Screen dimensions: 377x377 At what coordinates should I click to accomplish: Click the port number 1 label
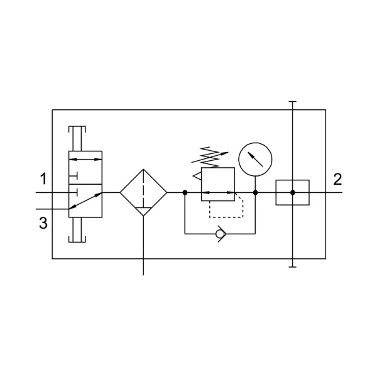pyautogui.click(x=43, y=178)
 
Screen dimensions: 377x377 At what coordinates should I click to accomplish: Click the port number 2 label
pyautogui.click(x=337, y=179)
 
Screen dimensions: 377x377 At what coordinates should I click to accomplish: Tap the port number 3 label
pyautogui.click(x=43, y=223)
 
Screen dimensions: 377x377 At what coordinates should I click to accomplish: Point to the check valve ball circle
pyautogui.click(x=219, y=234)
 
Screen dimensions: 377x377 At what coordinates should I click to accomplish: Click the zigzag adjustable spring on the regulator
pyautogui.click(x=210, y=158)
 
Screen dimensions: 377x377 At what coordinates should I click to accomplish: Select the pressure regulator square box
pyautogui.click(x=202, y=184)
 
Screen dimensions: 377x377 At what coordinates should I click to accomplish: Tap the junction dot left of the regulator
pyautogui.click(x=185, y=193)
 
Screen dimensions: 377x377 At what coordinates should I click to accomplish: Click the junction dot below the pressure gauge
pyautogui.click(x=255, y=193)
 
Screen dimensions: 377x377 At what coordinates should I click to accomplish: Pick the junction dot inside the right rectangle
pyautogui.click(x=293, y=193)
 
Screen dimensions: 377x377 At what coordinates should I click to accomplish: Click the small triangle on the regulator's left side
pyautogui.click(x=198, y=176)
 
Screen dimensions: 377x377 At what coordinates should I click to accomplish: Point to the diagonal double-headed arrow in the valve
pyautogui.click(x=85, y=201)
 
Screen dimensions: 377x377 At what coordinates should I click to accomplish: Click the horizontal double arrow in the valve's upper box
pyautogui.click(x=85, y=159)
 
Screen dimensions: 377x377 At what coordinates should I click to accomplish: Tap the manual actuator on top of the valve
pyautogui.click(x=77, y=138)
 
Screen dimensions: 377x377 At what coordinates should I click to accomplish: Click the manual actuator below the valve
pyautogui.click(x=77, y=230)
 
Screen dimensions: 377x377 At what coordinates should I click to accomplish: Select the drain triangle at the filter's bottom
pyautogui.click(x=143, y=211)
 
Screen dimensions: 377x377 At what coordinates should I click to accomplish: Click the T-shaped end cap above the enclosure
pyautogui.click(x=293, y=102)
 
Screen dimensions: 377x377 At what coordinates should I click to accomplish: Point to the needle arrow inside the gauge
pyautogui.click(x=255, y=159)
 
